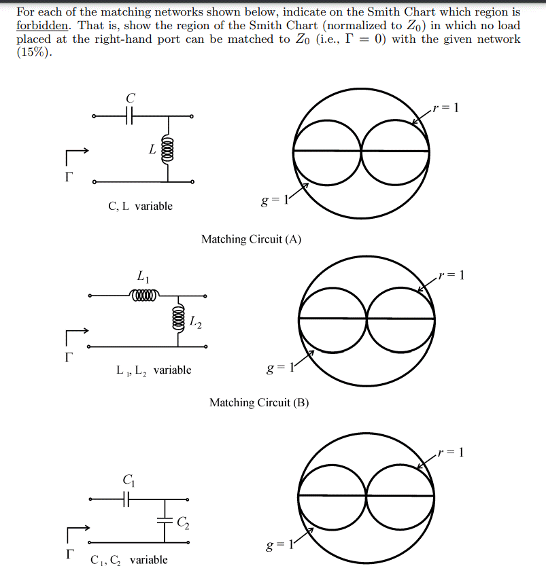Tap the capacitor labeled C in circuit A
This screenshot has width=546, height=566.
130,117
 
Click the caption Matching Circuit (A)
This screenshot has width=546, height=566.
251,239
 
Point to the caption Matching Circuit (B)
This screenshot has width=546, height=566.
259,403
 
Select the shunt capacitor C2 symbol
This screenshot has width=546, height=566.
165,521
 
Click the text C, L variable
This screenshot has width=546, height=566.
141,206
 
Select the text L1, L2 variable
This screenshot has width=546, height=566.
154,370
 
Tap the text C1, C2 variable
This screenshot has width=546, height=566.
129,560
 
